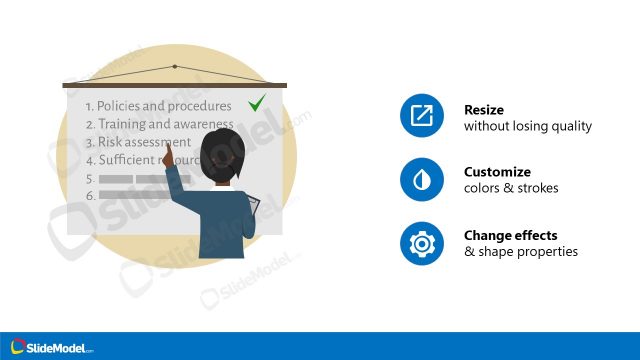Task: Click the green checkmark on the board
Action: pyautogui.click(x=257, y=102)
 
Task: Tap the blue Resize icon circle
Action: pyautogui.click(x=421, y=117)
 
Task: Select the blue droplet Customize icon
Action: pyautogui.click(x=421, y=180)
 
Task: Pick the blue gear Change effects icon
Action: pyautogui.click(x=421, y=243)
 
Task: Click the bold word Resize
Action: pyautogui.click(x=484, y=110)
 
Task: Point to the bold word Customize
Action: pyautogui.click(x=498, y=172)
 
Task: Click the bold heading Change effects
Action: pyautogui.click(x=511, y=235)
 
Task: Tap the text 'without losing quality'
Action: pyautogui.click(x=528, y=127)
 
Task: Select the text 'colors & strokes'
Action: pyautogui.click(x=511, y=189)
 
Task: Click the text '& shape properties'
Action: pyautogui.click(x=521, y=252)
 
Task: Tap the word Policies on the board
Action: pyautogui.click(x=121, y=105)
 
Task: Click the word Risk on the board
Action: pyautogui.click(x=108, y=142)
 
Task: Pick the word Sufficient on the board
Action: pyautogui.click(x=127, y=160)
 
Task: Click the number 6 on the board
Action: pyautogui.click(x=90, y=196)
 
